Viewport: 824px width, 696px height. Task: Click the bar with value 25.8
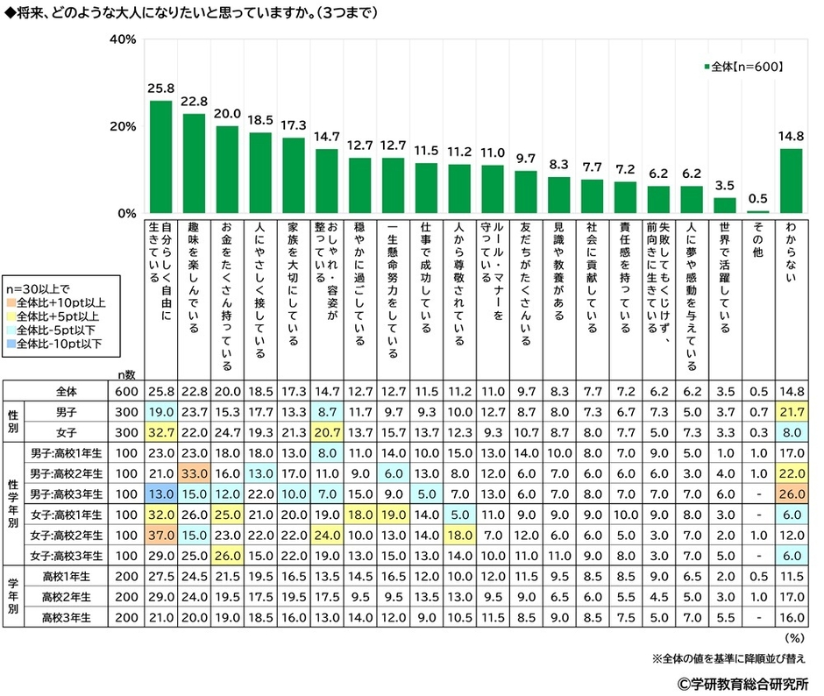pos(160,157)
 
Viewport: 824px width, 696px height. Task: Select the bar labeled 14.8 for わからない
pos(792,181)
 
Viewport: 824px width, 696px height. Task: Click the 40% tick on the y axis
pos(122,40)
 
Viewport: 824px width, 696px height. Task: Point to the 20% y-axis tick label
pos(122,127)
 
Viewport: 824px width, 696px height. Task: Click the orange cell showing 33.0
pos(193,472)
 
